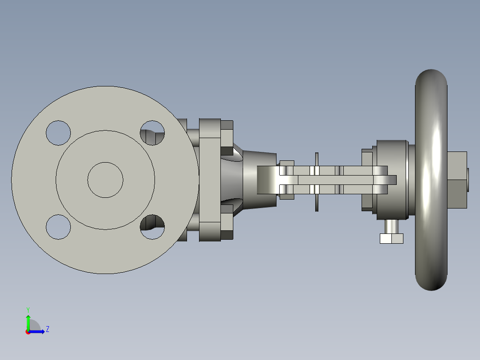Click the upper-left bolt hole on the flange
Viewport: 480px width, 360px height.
(58, 132)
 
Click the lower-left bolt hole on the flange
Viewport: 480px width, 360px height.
(58, 226)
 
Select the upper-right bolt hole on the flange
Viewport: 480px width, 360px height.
(152, 133)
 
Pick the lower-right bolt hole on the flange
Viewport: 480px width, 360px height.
(152, 227)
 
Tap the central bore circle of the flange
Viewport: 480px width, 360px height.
(105, 180)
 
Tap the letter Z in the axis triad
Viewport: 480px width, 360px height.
(47, 329)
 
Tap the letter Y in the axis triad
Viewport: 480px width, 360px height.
(28, 309)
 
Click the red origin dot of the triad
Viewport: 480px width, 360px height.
(28, 332)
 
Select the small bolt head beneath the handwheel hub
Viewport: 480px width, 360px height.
(391, 238)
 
